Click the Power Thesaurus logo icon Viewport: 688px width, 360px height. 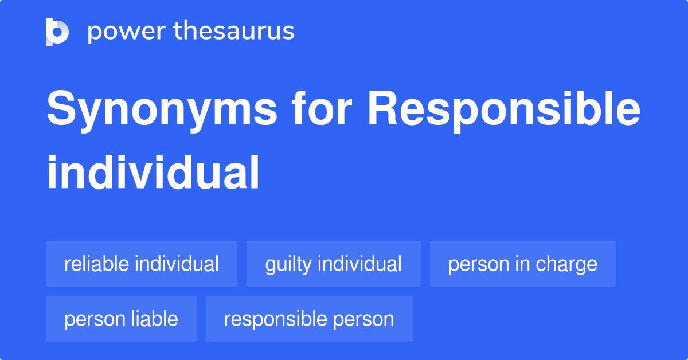tap(57, 32)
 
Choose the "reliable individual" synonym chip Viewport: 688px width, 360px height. tap(142, 264)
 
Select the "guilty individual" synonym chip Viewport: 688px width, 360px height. tap(334, 264)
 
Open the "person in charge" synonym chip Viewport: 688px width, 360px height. tap(523, 264)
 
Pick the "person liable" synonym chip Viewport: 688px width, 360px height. tap(121, 319)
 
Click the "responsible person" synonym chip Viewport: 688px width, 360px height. tap(309, 319)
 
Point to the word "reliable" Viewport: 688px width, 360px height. tap(97, 264)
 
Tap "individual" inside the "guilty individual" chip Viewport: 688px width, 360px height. tap(359, 264)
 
